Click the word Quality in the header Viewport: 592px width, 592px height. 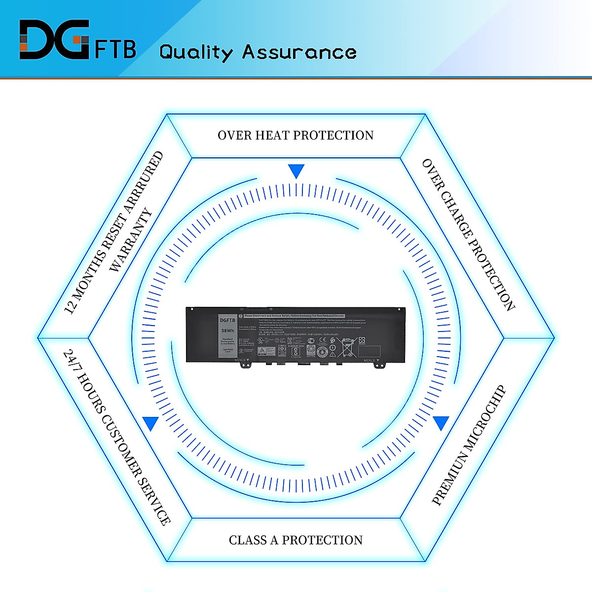(196, 52)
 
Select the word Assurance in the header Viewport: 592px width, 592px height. (299, 52)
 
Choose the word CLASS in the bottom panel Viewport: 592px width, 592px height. (248, 540)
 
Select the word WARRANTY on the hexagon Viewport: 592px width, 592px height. (130, 240)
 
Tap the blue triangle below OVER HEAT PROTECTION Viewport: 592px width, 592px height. (296, 171)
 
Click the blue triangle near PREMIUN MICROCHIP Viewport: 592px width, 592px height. (441, 423)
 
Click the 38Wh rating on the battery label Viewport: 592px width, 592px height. (227, 331)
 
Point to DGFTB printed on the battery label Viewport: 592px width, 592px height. (227, 320)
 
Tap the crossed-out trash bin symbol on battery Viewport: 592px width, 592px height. (348, 347)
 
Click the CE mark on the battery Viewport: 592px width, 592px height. (322, 339)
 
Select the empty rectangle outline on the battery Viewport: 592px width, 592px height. (369, 351)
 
